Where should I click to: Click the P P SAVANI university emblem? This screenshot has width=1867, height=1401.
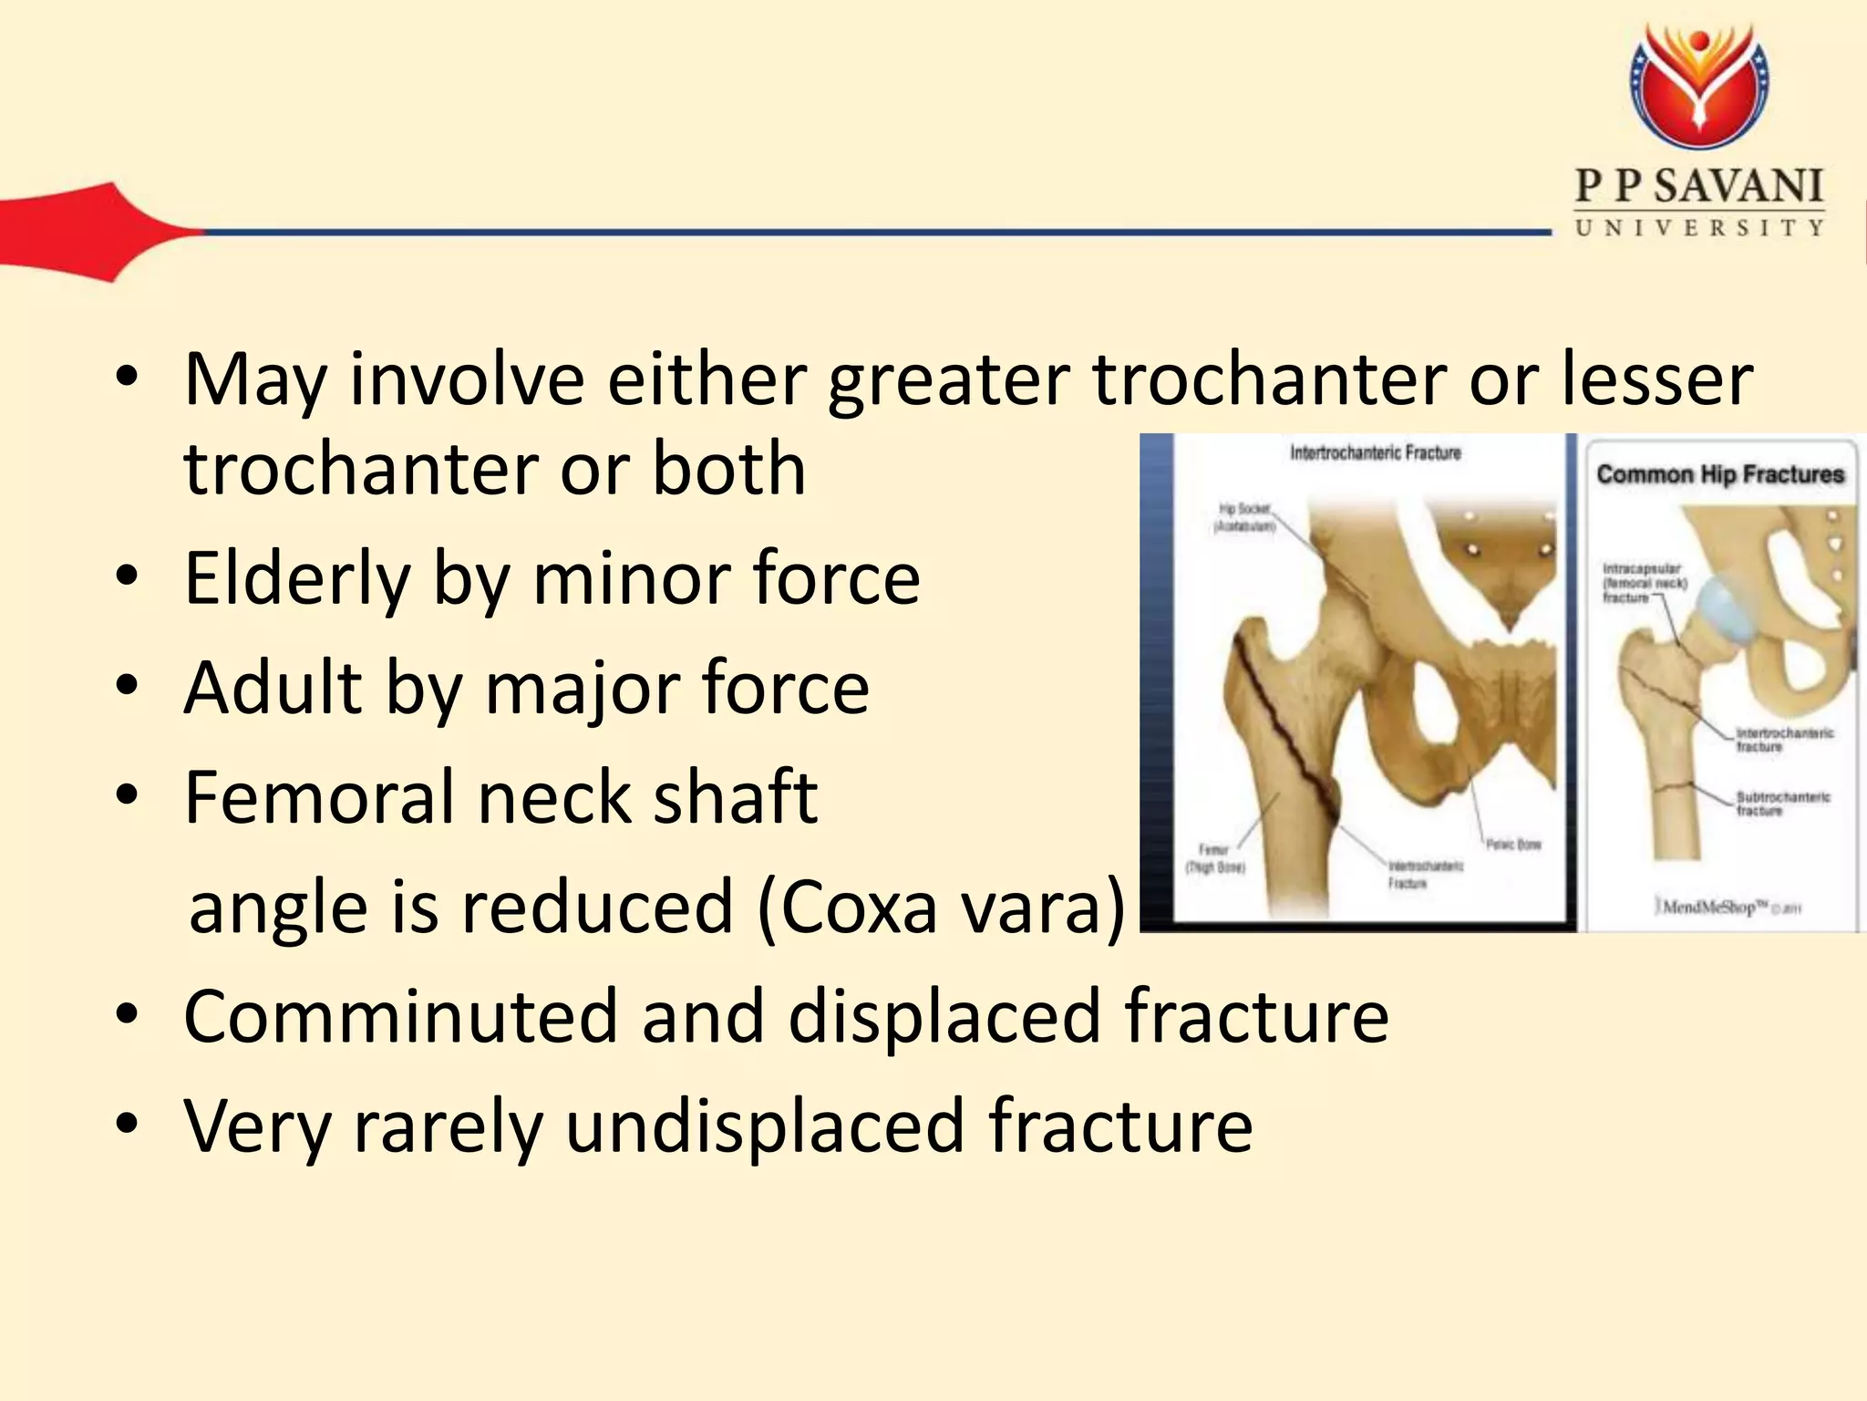(x=1699, y=87)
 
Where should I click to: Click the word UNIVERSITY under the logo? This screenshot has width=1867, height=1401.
(x=1699, y=227)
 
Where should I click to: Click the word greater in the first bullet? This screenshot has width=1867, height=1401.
(x=948, y=381)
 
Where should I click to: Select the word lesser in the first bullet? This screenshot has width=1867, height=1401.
(x=1656, y=379)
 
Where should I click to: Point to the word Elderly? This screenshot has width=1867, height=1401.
(x=297, y=580)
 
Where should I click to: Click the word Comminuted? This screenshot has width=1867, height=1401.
(x=401, y=1016)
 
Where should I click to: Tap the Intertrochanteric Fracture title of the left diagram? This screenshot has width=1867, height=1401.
(x=1375, y=453)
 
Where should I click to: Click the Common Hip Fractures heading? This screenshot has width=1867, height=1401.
(x=1719, y=474)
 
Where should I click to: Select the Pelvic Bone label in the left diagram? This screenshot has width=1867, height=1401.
(x=1513, y=845)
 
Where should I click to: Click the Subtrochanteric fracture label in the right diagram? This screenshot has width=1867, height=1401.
(x=1781, y=804)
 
